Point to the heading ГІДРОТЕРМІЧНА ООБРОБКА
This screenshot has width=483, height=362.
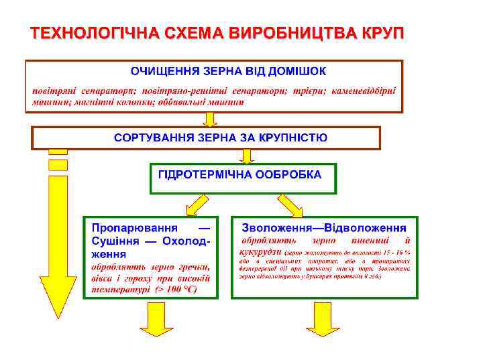(x=239, y=174)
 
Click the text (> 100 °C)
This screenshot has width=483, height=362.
(x=176, y=289)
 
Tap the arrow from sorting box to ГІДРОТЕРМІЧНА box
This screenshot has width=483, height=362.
(x=247, y=156)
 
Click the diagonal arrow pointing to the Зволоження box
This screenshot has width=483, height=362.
(x=290, y=204)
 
